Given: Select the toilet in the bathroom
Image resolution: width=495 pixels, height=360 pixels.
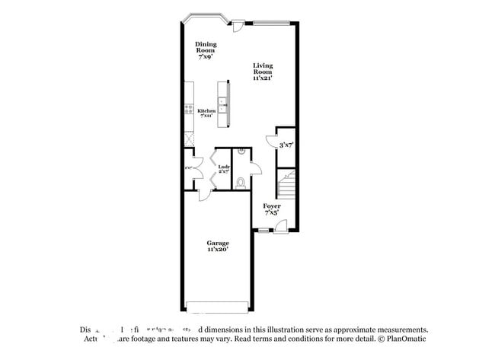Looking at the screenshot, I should point(241,182).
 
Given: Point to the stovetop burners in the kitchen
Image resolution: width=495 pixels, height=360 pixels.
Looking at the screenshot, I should point(187,110).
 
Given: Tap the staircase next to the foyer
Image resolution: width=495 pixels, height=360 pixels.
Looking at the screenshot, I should point(286,186).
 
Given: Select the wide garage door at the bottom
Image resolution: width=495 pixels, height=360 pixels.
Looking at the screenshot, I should point(218,308).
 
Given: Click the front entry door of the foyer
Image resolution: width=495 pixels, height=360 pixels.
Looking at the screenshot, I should point(280,226).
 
